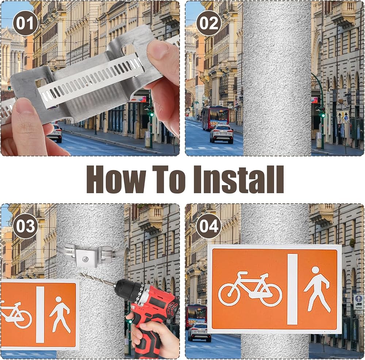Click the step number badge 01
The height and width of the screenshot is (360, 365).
(25, 23)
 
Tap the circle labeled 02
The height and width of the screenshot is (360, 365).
(209, 23)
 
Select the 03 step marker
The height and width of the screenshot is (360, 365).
(25, 226)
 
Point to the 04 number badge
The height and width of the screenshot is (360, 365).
(209, 226)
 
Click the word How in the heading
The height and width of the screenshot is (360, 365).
(116, 179)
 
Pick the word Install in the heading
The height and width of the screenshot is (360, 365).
(239, 179)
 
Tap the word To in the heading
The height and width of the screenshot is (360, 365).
(169, 179)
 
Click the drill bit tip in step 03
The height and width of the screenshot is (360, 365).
(80, 274)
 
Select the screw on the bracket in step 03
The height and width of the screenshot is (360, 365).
(85, 258)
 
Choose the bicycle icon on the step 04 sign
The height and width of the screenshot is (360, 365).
(250, 289)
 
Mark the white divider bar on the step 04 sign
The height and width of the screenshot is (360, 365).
(292, 289)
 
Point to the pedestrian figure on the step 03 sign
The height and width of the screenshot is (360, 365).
(60, 314)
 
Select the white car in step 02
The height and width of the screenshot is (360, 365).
(222, 134)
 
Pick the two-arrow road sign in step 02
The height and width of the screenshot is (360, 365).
(343, 117)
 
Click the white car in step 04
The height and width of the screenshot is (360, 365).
(199, 332)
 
